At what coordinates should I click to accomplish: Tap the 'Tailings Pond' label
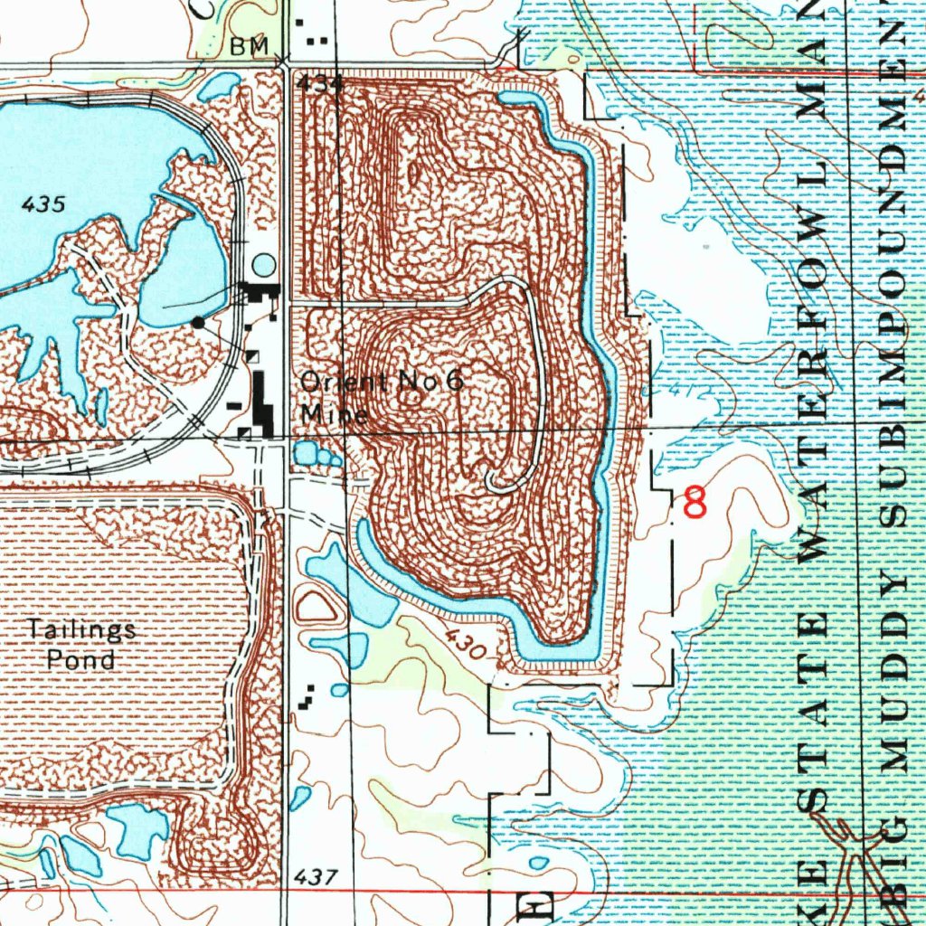click(81, 643)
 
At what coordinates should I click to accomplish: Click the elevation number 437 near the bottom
click(317, 876)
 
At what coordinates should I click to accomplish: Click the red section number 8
click(695, 502)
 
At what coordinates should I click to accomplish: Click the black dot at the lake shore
click(198, 321)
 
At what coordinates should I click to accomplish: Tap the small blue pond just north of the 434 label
click(219, 86)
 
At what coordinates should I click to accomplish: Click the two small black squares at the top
click(317, 41)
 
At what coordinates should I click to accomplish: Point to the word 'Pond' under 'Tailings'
click(81, 659)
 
